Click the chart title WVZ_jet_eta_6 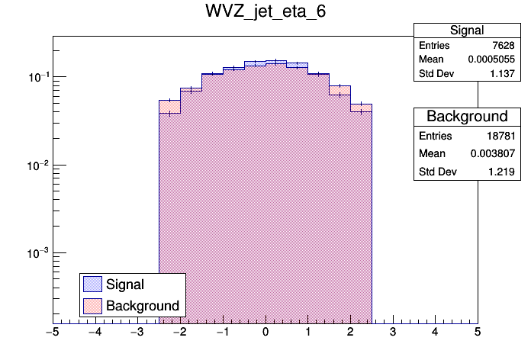point(265,13)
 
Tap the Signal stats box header point(467,31)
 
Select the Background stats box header point(467,117)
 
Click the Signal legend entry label point(125,284)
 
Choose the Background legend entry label point(143,306)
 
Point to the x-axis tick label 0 point(265,333)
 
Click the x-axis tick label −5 point(52,333)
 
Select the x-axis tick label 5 point(478,333)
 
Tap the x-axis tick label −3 point(137,333)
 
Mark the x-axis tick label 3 point(392,333)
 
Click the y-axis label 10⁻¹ point(39,76)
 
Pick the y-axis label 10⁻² point(39,165)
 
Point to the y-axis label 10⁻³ point(39,252)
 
